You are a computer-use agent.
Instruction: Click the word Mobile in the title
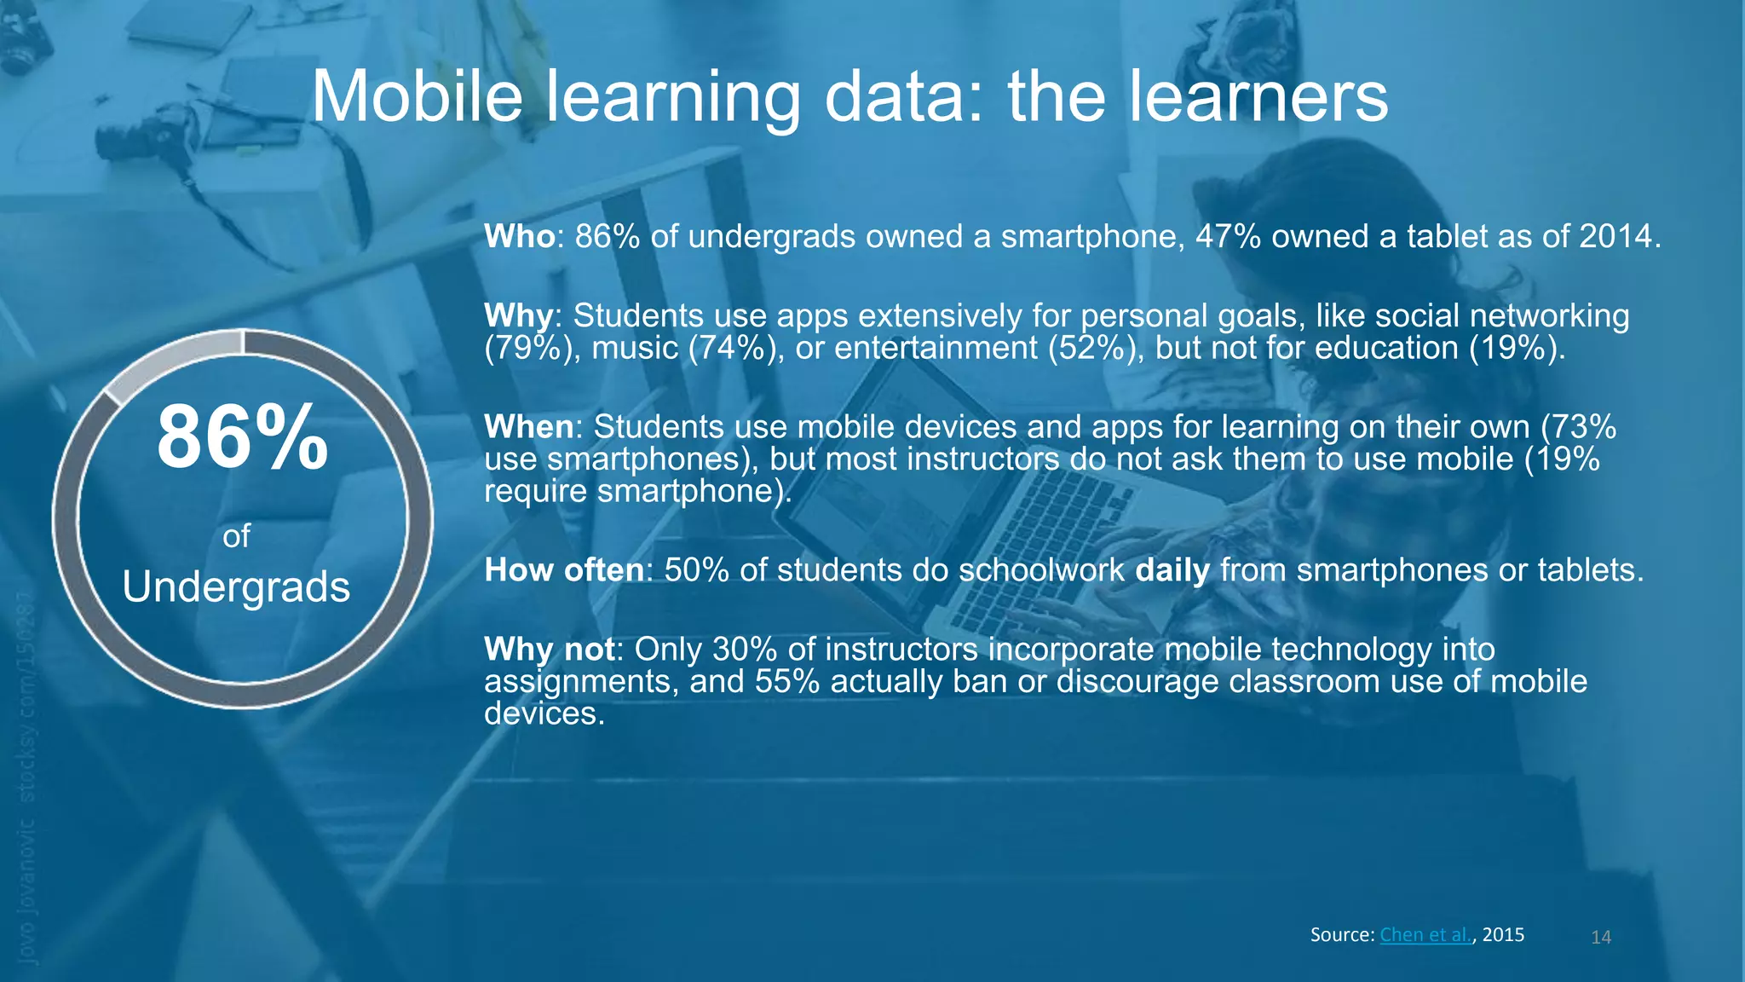pos(417,96)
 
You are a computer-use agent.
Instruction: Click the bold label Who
pos(520,236)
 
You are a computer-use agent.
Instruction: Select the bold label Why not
pos(550,650)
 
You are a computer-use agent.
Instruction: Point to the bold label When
pos(528,426)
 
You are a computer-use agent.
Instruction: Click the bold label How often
pos(564,569)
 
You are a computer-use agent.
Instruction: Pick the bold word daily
pos(1172,570)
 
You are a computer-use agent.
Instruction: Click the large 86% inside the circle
pos(242,437)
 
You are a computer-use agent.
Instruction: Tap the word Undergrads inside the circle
pos(236,587)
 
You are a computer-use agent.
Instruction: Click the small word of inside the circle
pos(236,536)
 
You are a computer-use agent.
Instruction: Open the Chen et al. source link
pos(1425,934)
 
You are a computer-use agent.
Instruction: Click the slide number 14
pos(1601,937)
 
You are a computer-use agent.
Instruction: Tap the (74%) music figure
pos(735,348)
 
